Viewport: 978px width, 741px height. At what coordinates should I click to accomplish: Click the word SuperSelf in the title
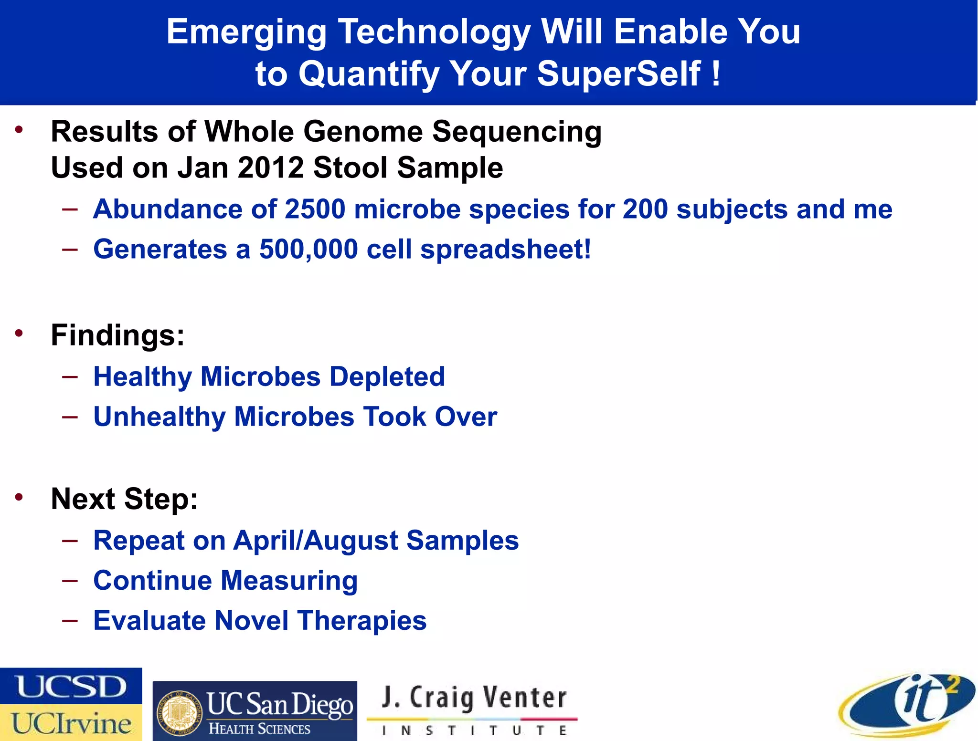click(618, 74)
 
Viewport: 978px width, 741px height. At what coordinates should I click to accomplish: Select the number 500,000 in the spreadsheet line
click(308, 249)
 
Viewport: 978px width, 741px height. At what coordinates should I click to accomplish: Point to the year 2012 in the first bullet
click(270, 168)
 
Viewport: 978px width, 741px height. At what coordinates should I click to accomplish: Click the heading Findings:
click(117, 335)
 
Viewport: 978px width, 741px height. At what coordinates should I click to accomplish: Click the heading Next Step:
click(124, 499)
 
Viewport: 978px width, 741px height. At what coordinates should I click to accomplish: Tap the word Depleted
click(387, 376)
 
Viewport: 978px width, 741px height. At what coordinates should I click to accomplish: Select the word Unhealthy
click(159, 417)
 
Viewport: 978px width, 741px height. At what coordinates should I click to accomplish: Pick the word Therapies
click(361, 620)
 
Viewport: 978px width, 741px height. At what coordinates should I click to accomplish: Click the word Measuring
click(289, 581)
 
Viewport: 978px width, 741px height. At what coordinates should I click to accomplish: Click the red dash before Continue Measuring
click(70, 580)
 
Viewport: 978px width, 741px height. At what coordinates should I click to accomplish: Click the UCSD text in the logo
click(71, 686)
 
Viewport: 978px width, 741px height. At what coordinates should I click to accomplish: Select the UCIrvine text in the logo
click(71, 723)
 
